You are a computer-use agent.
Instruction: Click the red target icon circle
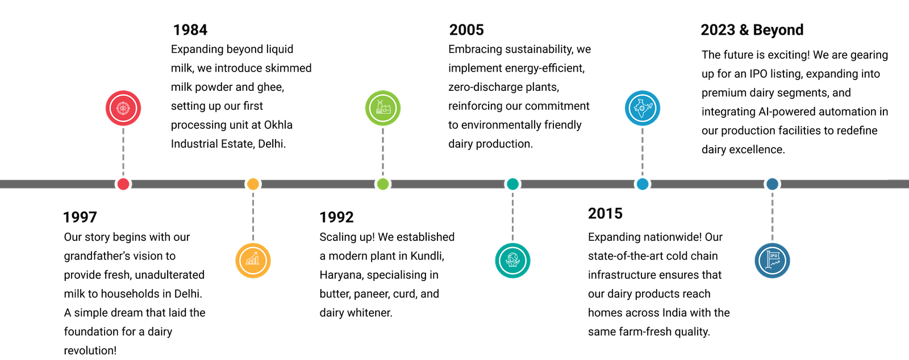123,108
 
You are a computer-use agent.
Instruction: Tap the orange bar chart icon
253,261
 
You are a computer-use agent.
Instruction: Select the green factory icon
383,108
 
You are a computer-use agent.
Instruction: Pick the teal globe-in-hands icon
512,261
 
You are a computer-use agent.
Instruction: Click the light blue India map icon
643,108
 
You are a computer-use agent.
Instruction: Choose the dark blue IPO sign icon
772,261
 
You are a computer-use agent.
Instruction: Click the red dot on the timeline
123,184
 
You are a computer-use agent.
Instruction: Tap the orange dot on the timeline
253,184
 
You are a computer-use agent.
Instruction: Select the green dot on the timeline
383,184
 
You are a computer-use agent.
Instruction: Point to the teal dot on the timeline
512,184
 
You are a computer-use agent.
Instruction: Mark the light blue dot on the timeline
643,184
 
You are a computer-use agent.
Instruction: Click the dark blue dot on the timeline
772,184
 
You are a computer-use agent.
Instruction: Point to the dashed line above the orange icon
253,216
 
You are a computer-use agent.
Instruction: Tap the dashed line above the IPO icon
772,216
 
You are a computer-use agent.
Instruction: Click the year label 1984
190,30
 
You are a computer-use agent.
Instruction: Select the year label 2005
466,30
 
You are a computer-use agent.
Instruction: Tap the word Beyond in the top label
779,30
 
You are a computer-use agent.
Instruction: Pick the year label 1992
336,216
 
